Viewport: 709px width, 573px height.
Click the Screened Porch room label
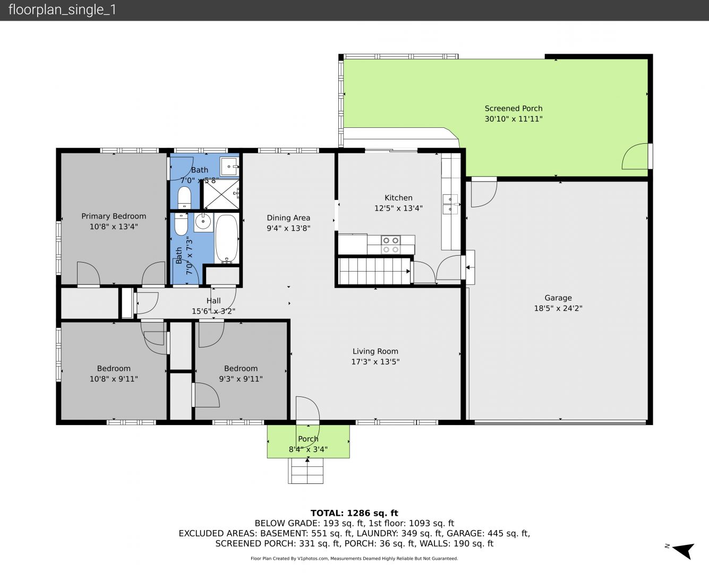(x=513, y=108)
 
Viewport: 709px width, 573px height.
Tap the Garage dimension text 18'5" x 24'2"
(x=558, y=308)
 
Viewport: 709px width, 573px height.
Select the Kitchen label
(x=398, y=198)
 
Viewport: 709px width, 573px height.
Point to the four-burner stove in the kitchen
(x=391, y=245)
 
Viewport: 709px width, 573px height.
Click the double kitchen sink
(x=450, y=204)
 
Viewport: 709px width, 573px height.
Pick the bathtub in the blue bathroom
(x=227, y=238)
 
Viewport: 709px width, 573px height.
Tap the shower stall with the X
(x=221, y=195)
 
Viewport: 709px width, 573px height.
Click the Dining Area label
(x=288, y=218)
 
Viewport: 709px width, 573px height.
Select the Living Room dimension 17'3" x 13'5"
(x=375, y=361)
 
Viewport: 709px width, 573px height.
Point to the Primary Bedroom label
(x=114, y=216)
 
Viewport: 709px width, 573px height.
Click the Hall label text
(x=213, y=301)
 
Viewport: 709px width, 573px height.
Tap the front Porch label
(x=308, y=439)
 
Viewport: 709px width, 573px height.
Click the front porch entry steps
(x=305, y=471)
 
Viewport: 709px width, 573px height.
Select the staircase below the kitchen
(x=374, y=271)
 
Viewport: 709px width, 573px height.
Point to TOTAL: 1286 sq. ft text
(x=354, y=513)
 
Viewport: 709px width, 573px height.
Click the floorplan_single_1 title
(x=62, y=10)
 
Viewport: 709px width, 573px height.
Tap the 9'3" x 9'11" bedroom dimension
(x=241, y=379)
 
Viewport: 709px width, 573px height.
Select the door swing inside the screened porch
(x=635, y=156)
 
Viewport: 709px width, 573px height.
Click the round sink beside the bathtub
(x=203, y=221)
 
